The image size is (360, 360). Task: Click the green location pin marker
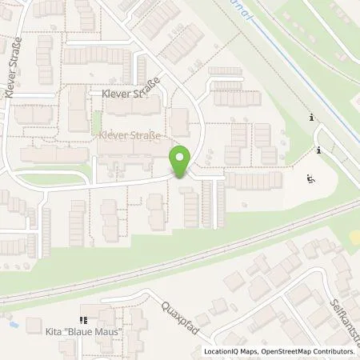(x=181, y=161)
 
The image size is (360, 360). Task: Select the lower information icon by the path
(x=318, y=150)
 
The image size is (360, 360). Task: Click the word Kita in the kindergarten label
(x=57, y=328)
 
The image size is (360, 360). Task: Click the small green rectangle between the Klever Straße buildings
(x=97, y=122)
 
